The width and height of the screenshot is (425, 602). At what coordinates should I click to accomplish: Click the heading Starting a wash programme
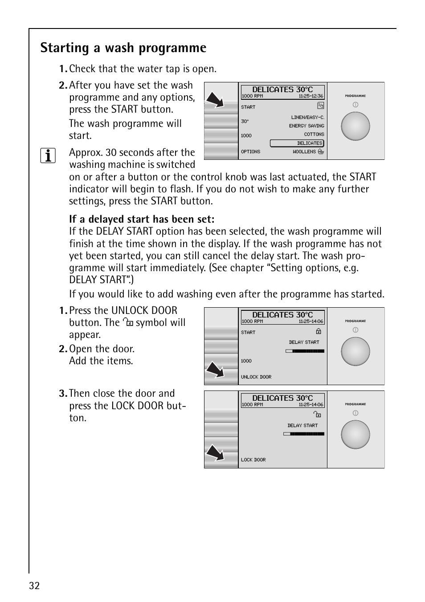[123, 48]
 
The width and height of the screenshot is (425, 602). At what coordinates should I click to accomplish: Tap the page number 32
[34, 586]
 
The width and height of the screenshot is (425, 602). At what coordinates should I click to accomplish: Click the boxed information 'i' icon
[48, 156]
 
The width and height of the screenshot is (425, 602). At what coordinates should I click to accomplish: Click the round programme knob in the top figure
[355, 126]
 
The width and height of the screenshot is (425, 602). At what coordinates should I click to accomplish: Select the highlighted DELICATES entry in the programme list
[297, 143]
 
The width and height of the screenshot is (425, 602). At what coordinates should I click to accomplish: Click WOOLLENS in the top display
[304, 152]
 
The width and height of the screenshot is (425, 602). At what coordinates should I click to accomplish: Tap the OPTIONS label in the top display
[250, 152]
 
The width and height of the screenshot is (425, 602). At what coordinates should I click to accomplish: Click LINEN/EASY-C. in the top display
[307, 118]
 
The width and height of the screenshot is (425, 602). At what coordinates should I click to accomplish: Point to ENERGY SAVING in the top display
[306, 126]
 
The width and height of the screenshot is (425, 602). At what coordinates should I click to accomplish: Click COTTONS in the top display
[314, 134]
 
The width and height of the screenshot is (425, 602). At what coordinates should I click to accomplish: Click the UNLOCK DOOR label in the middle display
[256, 377]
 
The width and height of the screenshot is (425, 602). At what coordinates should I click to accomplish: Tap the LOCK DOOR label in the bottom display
[253, 460]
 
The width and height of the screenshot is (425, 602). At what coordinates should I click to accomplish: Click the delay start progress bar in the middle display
[305, 351]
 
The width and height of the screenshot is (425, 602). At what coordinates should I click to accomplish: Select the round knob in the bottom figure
[355, 435]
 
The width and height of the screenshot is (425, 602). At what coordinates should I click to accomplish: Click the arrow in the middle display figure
[215, 370]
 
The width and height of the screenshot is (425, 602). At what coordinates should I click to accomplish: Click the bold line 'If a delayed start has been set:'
[142, 219]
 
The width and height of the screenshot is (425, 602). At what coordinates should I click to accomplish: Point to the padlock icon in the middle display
[319, 331]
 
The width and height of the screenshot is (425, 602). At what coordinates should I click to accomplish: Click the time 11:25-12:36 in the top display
[311, 96]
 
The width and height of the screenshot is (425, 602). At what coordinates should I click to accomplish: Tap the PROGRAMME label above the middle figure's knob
[355, 321]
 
